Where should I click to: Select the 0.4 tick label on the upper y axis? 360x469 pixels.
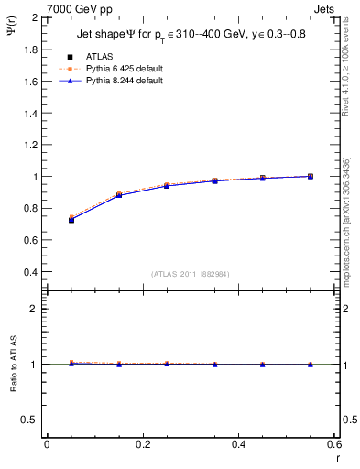click(x=30, y=272)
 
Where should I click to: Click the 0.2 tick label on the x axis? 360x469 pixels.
click(x=142, y=444)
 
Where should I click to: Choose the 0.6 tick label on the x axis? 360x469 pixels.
click(x=333, y=444)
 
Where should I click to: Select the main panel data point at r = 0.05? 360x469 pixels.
click(x=71, y=219)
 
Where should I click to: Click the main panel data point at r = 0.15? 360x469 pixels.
click(x=119, y=195)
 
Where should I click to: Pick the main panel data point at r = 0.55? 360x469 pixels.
click(x=311, y=176)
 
